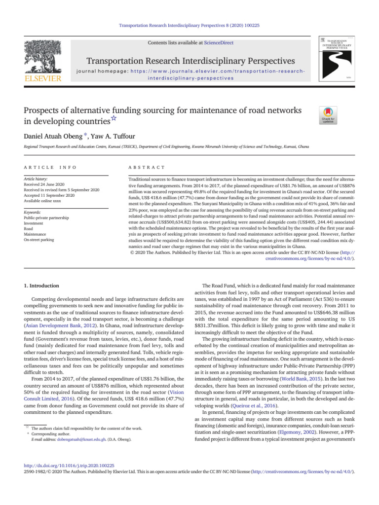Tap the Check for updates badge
pyautogui.click(x=329, y=115)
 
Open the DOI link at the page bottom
pyautogui.click(x=70, y=465)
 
